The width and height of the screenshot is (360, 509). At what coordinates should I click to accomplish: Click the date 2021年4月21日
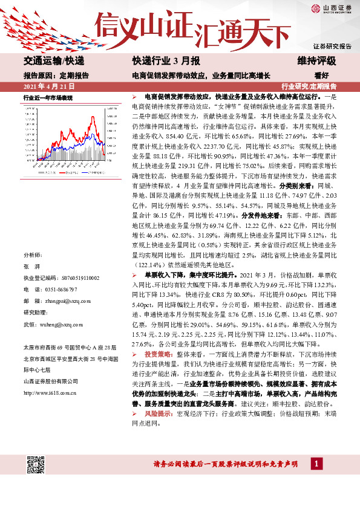(45, 86)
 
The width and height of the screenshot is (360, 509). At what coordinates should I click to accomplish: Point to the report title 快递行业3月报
(158, 62)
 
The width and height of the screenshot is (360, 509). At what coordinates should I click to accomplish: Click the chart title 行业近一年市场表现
(48, 97)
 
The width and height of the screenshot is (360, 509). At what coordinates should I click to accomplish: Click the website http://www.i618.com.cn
(50, 393)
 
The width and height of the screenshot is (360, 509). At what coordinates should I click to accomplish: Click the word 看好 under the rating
(321, 76)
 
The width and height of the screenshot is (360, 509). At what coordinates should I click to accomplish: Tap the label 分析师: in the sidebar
(33, 256)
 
